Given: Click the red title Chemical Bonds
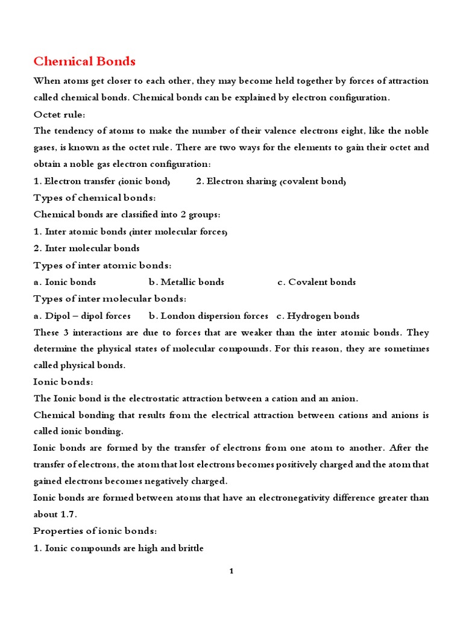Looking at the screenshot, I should (x=84, y=61).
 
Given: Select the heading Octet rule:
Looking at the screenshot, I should (x=59, y=114).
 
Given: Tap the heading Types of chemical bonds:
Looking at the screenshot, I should (x=95, y=198).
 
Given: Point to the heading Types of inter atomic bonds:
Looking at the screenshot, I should (x=102, y=265).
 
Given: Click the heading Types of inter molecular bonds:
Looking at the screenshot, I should (x=110, y=299).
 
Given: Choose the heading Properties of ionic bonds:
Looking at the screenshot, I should (x=95, y=531).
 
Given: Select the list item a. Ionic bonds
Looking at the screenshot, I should (x=65, y=282).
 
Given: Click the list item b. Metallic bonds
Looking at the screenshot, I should (x=186, y=282).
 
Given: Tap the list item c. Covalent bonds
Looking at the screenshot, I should (x=317, y=282).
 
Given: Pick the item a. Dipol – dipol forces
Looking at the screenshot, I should (x=82, y=316).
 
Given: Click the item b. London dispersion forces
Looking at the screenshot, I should (x=209, y=316).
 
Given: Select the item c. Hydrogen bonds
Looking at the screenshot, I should (x=318, y=316).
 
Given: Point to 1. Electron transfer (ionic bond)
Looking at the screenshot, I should (x=102, y=181).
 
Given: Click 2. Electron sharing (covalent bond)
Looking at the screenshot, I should (x=271, y=181).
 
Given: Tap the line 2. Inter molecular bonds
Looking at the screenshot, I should (x=87, y=248).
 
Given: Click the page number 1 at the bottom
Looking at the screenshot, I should (x=231, y=571).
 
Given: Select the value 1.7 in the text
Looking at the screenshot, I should (x=69, y=515).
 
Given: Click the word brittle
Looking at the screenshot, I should (x=189, y=548).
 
